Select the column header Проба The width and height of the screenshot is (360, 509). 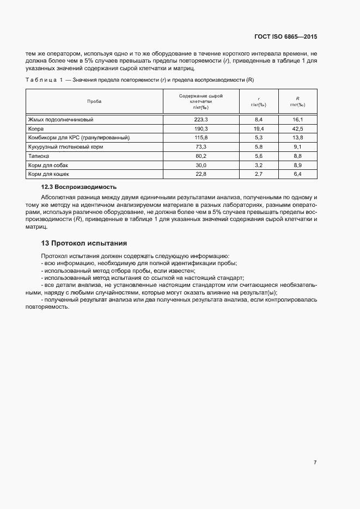tap(94, 101)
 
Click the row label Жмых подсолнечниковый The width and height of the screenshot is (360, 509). tap(61, 119)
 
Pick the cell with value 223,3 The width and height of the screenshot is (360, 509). tap(201, 119)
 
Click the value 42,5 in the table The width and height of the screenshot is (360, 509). tap(297, 128)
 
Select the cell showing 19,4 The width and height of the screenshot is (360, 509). tap(259, 128)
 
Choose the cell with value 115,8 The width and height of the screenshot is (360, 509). tap(201, 138)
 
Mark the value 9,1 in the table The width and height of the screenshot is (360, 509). tap(297, 147)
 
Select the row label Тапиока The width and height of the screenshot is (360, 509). tap(39, 156)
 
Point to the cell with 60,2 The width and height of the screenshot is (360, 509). tap(201, 156)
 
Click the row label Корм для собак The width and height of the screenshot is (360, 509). tap(48, 165)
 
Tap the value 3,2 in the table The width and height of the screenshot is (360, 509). tap(259, 165)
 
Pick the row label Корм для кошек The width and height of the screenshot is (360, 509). tap(48, 174)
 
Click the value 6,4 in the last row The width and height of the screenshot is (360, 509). tap(297, 174)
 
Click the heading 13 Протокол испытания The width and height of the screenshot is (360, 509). tap(84, 243)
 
